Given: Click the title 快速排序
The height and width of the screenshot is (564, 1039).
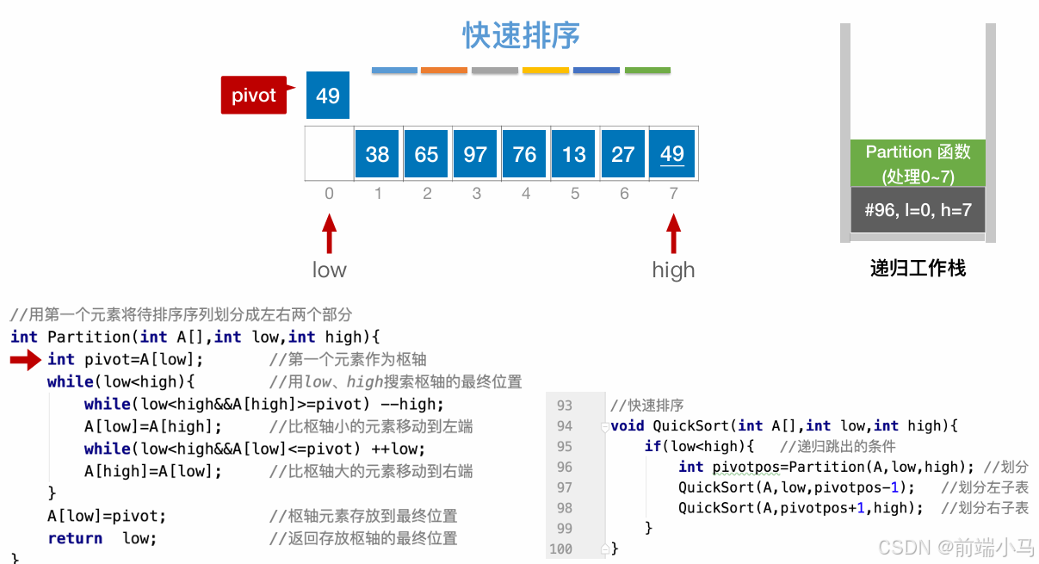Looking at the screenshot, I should (x=521, y=36).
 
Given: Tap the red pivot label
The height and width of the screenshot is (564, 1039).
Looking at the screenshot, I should (x=253, y=95).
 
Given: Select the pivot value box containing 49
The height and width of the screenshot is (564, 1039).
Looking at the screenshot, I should (x=328, y=95).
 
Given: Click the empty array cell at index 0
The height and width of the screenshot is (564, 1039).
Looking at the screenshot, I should (x=329, y=154).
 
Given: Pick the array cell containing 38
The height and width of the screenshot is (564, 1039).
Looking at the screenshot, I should (x=377, y=154).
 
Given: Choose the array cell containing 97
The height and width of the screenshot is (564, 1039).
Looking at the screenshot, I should (x=475, y=154).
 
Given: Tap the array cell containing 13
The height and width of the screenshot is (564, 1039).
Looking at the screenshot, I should (x=573, y=154).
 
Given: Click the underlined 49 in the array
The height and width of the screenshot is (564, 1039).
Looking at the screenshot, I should (x=672, y=154).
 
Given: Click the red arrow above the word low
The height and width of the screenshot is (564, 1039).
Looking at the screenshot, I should (x=329, y=234).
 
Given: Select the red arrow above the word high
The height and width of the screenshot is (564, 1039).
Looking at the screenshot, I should (x=673, y=234).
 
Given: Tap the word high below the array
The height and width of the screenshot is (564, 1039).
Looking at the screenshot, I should (x=673, y=270).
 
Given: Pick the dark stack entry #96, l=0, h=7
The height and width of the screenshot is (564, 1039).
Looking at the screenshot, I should (x=918, y=210).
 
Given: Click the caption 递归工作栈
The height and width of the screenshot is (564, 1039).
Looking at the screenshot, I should (x=918, y=269).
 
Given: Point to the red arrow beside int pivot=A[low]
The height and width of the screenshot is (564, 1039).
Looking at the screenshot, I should (x=25, y=360).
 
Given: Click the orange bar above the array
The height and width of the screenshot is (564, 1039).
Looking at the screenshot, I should (x=444, y=71).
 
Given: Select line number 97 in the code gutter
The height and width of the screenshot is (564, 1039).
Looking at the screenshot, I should (x=565, y=487).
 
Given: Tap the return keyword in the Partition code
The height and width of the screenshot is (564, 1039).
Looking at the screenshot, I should (x=75, y=538).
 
